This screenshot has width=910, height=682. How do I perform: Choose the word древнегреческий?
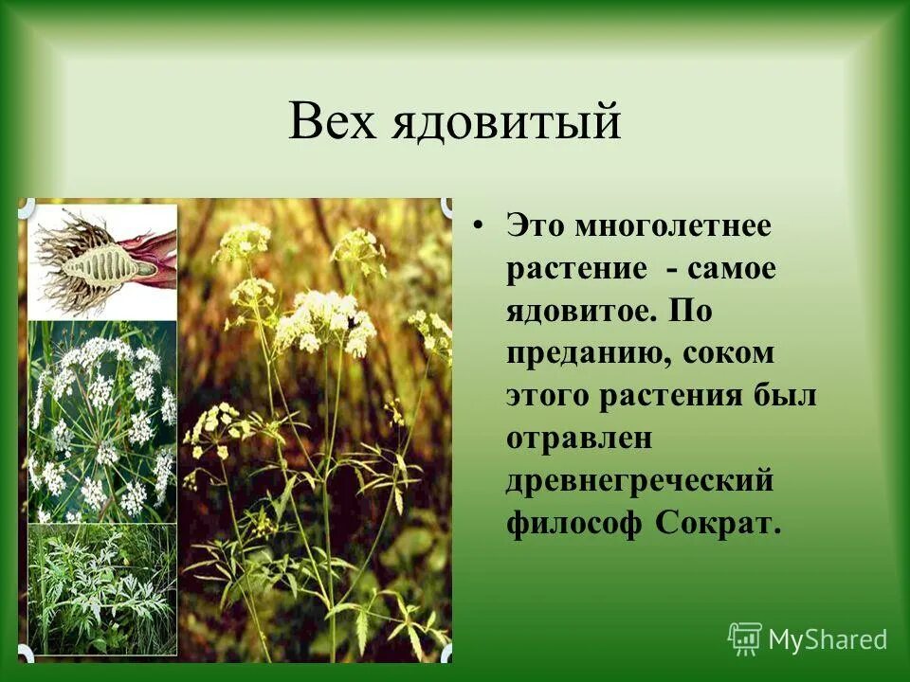click(x=641, y=480)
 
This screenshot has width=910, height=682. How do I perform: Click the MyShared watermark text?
click(x=828, y=640)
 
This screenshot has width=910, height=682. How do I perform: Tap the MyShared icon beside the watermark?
click(x=745, y=639)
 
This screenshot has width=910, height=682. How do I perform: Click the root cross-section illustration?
click(x=102, y=260)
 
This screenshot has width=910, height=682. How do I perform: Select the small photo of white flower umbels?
click(x=102, y=422)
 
